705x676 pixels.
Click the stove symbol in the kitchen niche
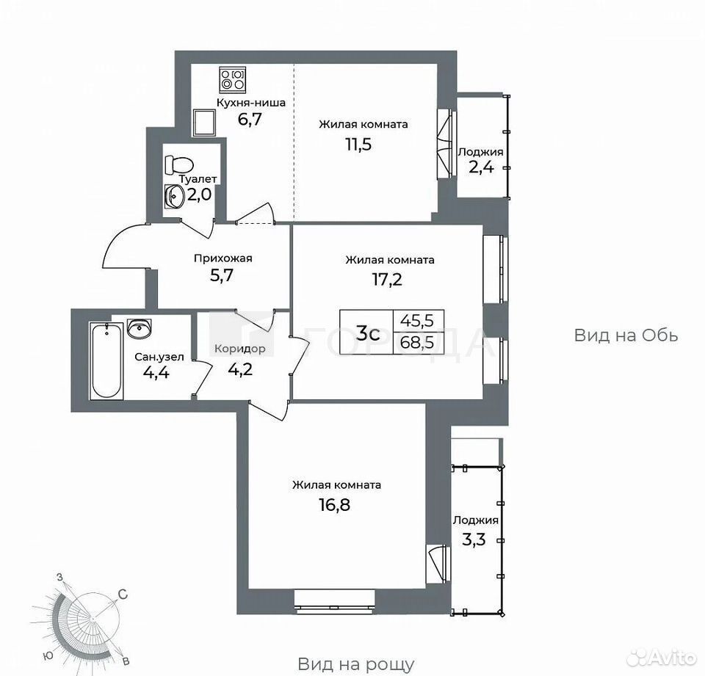[x=233, y=79]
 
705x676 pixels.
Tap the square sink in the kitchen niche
[x=204, y=123]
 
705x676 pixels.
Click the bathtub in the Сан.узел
[x=106, y=360]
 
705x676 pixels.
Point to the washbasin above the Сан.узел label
[x=140, y=328]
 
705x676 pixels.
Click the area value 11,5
[x=358, y=145]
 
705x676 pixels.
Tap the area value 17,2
[x=387, y=280]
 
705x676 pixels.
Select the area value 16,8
[x=335, y=505]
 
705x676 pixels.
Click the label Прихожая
[x=223, y=258]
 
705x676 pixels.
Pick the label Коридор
[x=239, y=349]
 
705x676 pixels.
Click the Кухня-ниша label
[x=251, y=103]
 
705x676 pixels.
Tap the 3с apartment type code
[x=368, y=333]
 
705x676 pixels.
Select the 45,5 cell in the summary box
[x=417, y=321]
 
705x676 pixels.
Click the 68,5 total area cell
[x=417, y=343]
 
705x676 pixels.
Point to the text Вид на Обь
[x=626, y=335]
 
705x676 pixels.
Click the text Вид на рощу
[x=356, y=664]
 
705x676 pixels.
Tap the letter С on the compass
[x=123, y=595]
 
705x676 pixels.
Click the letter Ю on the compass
[x=48, y=655]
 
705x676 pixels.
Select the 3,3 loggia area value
[x=474, y=539]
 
